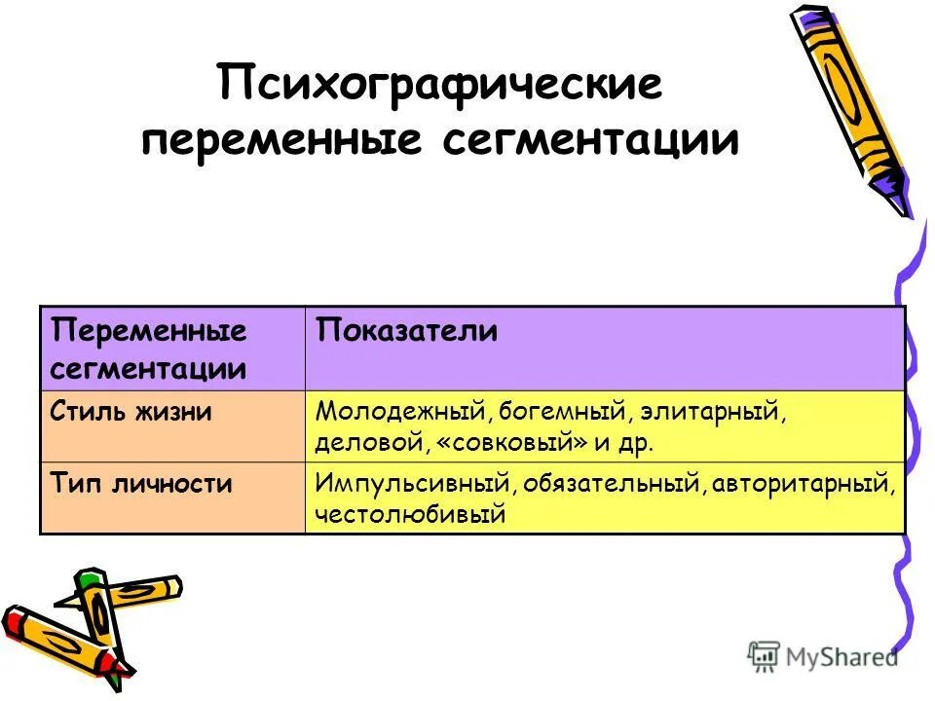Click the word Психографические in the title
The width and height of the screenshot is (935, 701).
coord(440,85)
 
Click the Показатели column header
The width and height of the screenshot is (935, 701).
coord(406,331)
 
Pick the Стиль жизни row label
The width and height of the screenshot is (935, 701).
coord(131,411)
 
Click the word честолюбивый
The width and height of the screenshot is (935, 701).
coord(410,513)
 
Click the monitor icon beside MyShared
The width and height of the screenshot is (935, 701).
coord(765,656)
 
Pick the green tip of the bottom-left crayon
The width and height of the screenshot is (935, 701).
coord(91,580)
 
